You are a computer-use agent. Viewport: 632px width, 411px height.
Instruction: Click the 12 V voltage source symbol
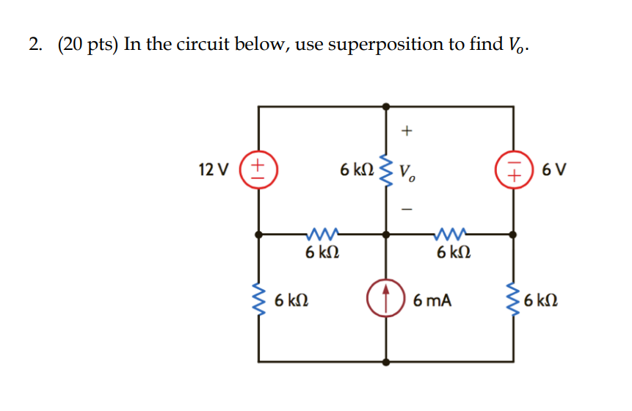point(258,170)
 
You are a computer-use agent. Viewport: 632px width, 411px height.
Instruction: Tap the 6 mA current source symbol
point(386,299)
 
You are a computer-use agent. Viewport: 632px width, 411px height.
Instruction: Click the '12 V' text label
point(214,170)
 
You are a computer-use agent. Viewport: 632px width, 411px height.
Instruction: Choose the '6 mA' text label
point(432,300)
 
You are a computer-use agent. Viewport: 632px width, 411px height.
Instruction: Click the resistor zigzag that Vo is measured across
point(386,170)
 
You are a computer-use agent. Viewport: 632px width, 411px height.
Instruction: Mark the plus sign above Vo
point(407,131)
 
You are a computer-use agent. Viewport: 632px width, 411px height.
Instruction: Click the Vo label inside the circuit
point(409,172)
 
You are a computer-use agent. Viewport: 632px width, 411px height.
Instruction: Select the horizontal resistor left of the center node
point(322,235)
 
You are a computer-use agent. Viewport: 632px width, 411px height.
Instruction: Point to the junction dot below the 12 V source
point(258,235)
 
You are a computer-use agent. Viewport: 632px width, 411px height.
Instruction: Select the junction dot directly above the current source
point(386,235)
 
